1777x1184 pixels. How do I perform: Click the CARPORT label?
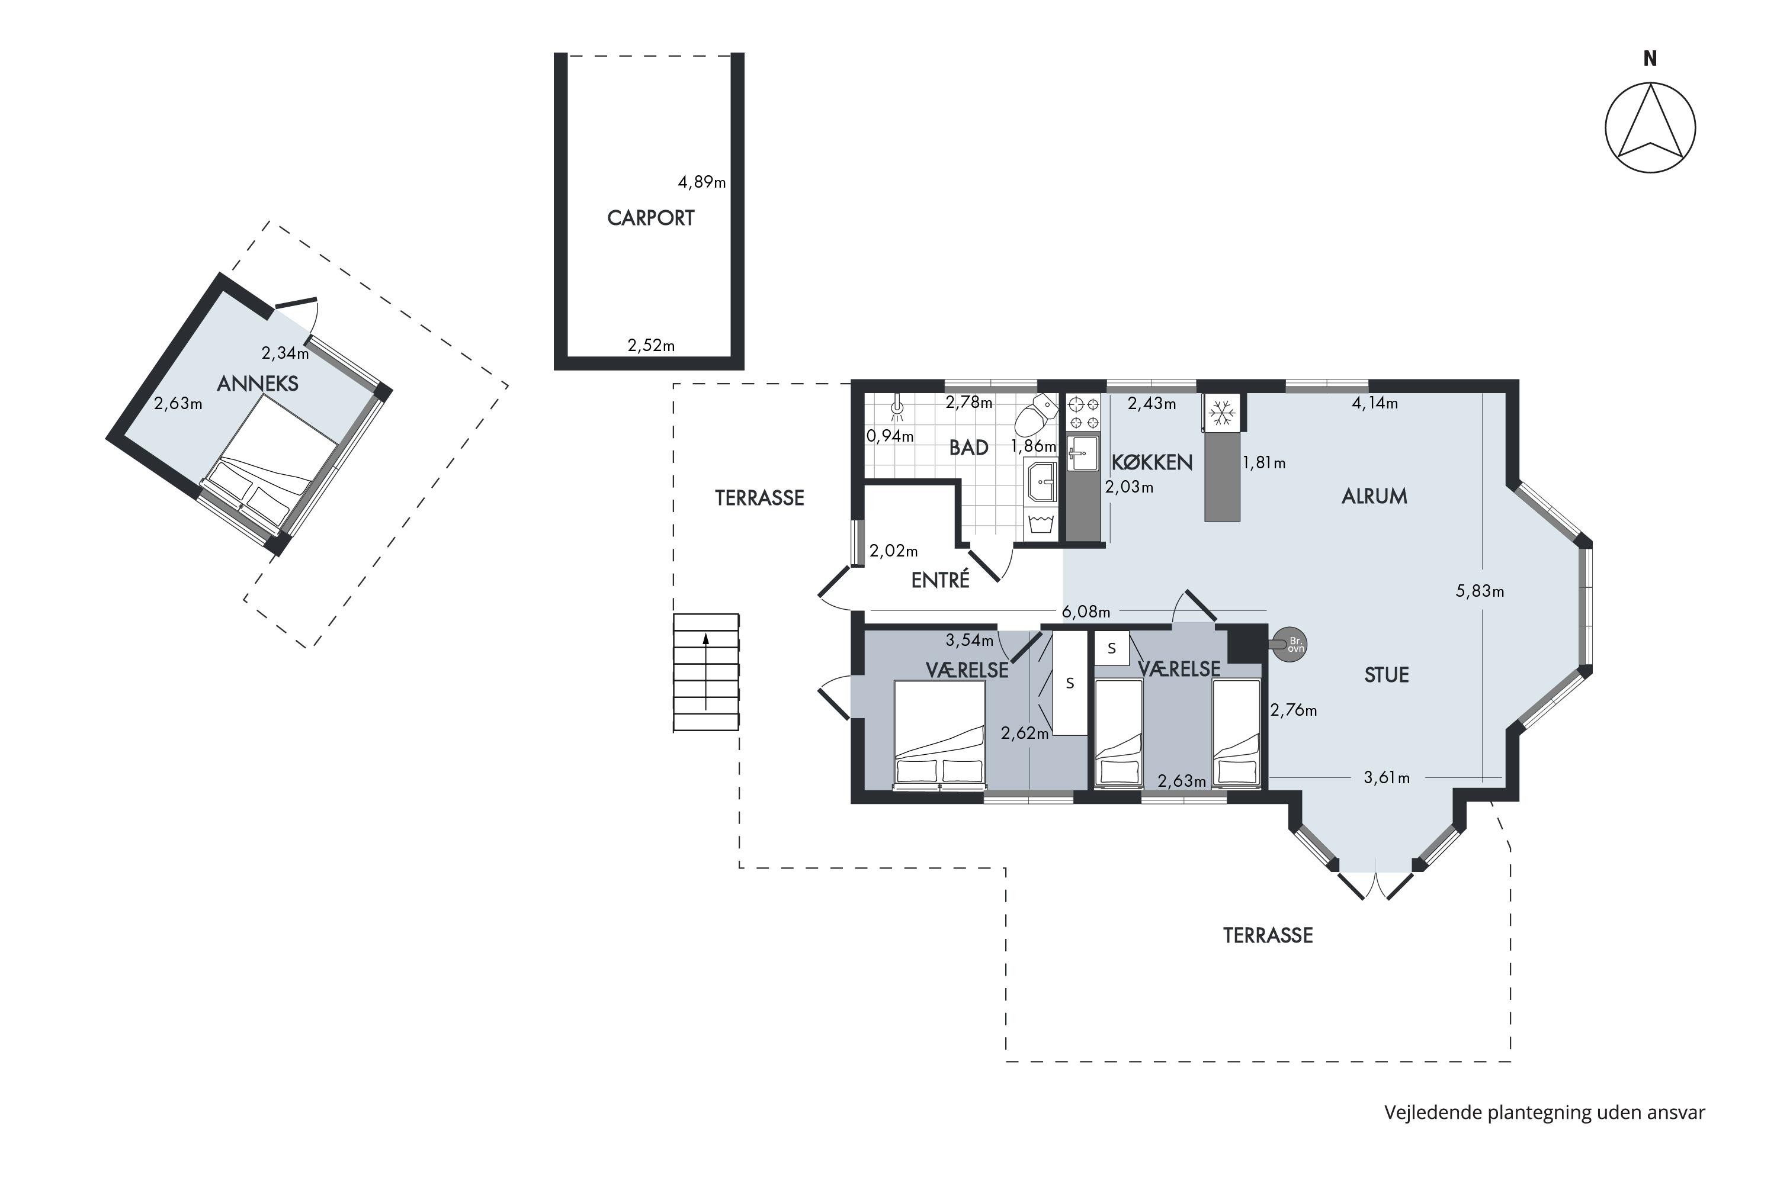point(650,218)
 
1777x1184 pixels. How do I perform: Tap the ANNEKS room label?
point(258,384)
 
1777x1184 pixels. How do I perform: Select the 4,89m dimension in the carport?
point(702,182)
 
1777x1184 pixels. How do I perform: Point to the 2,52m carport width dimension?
point(651,346)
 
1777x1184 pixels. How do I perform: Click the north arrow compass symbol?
point(1650,128)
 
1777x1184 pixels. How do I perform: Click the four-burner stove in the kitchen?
point(1083,413)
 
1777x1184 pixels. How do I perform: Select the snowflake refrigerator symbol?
point(1221,412)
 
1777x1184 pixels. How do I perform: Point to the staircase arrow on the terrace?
point(705,671)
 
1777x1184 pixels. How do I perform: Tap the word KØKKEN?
point(1152,462)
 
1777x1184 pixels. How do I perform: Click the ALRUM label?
point(1374,496)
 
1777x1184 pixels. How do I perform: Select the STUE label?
point(1387,675)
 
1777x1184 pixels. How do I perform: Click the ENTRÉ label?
point(940,580)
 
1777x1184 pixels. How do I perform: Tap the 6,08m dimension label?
point(1086,612)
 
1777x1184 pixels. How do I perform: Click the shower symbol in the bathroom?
point(897,408)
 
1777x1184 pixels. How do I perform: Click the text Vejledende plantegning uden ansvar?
point(1544,1112)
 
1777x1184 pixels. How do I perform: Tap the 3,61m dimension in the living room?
point(1387,778)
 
